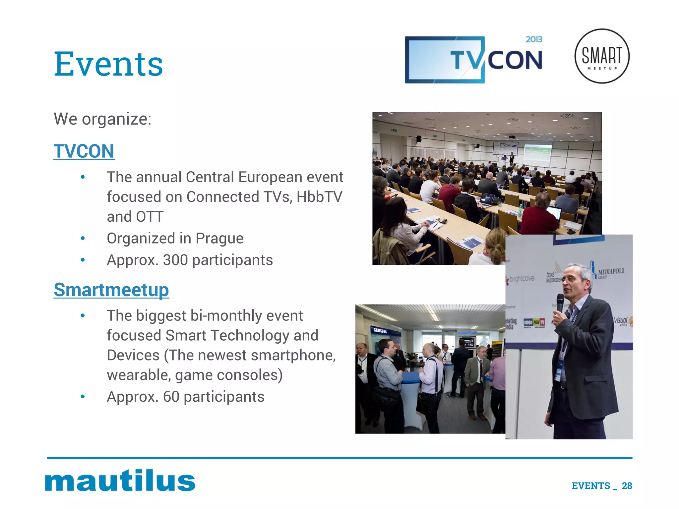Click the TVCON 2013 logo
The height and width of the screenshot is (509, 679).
coord(473,60)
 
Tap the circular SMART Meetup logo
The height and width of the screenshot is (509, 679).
coord(602,56)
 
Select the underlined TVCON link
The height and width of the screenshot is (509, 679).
coord(84,151)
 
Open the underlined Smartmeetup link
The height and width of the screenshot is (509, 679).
coord(111,290)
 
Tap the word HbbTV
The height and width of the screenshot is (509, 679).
coord(319,197)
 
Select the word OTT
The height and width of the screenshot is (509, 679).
coord(150,217)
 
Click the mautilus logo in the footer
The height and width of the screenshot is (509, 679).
coord(120,480)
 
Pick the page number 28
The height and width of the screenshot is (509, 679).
coord(627,486)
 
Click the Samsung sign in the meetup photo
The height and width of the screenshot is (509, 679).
coord(380,331)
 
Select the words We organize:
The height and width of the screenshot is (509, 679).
coord(102,119)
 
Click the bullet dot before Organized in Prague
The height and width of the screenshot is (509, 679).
coord(83,238)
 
